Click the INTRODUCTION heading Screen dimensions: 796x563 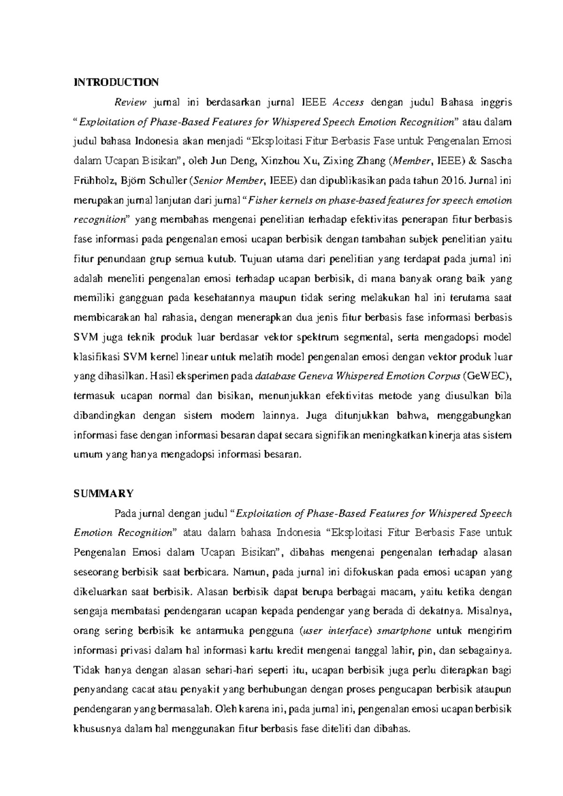pyautogui.click(x=116, y=83)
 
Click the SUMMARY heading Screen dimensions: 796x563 pyautogui.click(x=104, y=493)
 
